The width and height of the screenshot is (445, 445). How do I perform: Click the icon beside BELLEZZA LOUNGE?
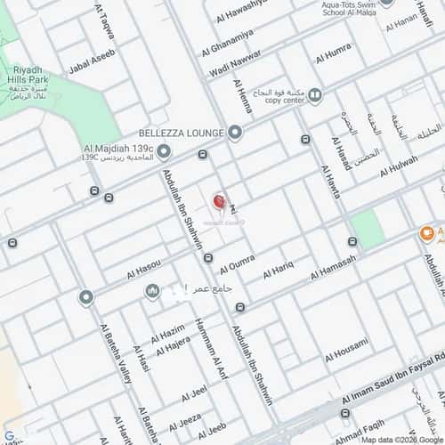click(x=235, y=133)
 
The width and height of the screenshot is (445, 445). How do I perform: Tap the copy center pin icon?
click(x=314, y=93)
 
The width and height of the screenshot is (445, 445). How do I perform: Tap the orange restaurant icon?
click(x=427, y=233)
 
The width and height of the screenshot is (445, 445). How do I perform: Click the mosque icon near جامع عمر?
click(x=152, y=291)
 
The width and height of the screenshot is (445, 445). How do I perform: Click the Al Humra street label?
click(x=333, y=53)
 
